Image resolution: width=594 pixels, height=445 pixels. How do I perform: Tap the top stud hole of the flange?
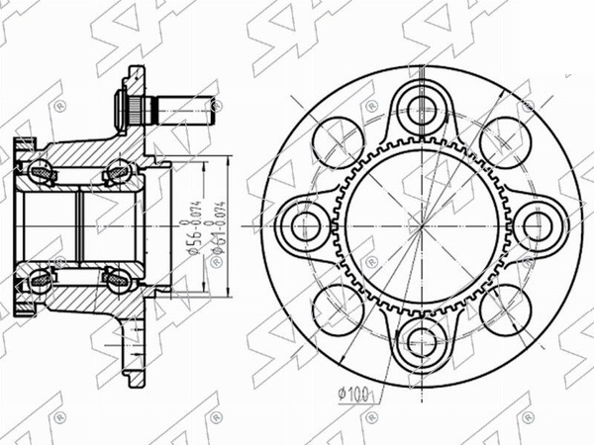click(421, 107)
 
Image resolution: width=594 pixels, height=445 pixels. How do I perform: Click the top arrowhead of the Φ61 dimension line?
click(229, 159)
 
